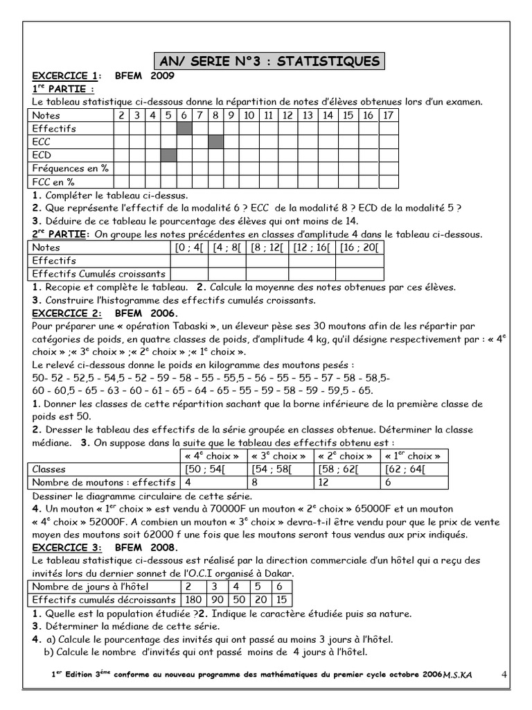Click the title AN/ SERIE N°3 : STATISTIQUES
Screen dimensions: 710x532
click(267, 62)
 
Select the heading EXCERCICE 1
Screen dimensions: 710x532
click(64, 76)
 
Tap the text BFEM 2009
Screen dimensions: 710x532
click(143, 76)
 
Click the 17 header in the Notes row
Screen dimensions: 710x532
click(389, 115)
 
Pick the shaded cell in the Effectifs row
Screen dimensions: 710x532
click(184, 128)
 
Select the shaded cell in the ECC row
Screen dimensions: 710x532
click(216, 141)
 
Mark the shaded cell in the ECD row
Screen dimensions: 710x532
click(168, 155)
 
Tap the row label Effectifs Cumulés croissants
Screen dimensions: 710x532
click(99, 274)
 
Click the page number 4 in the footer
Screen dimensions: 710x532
click(504, 673)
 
